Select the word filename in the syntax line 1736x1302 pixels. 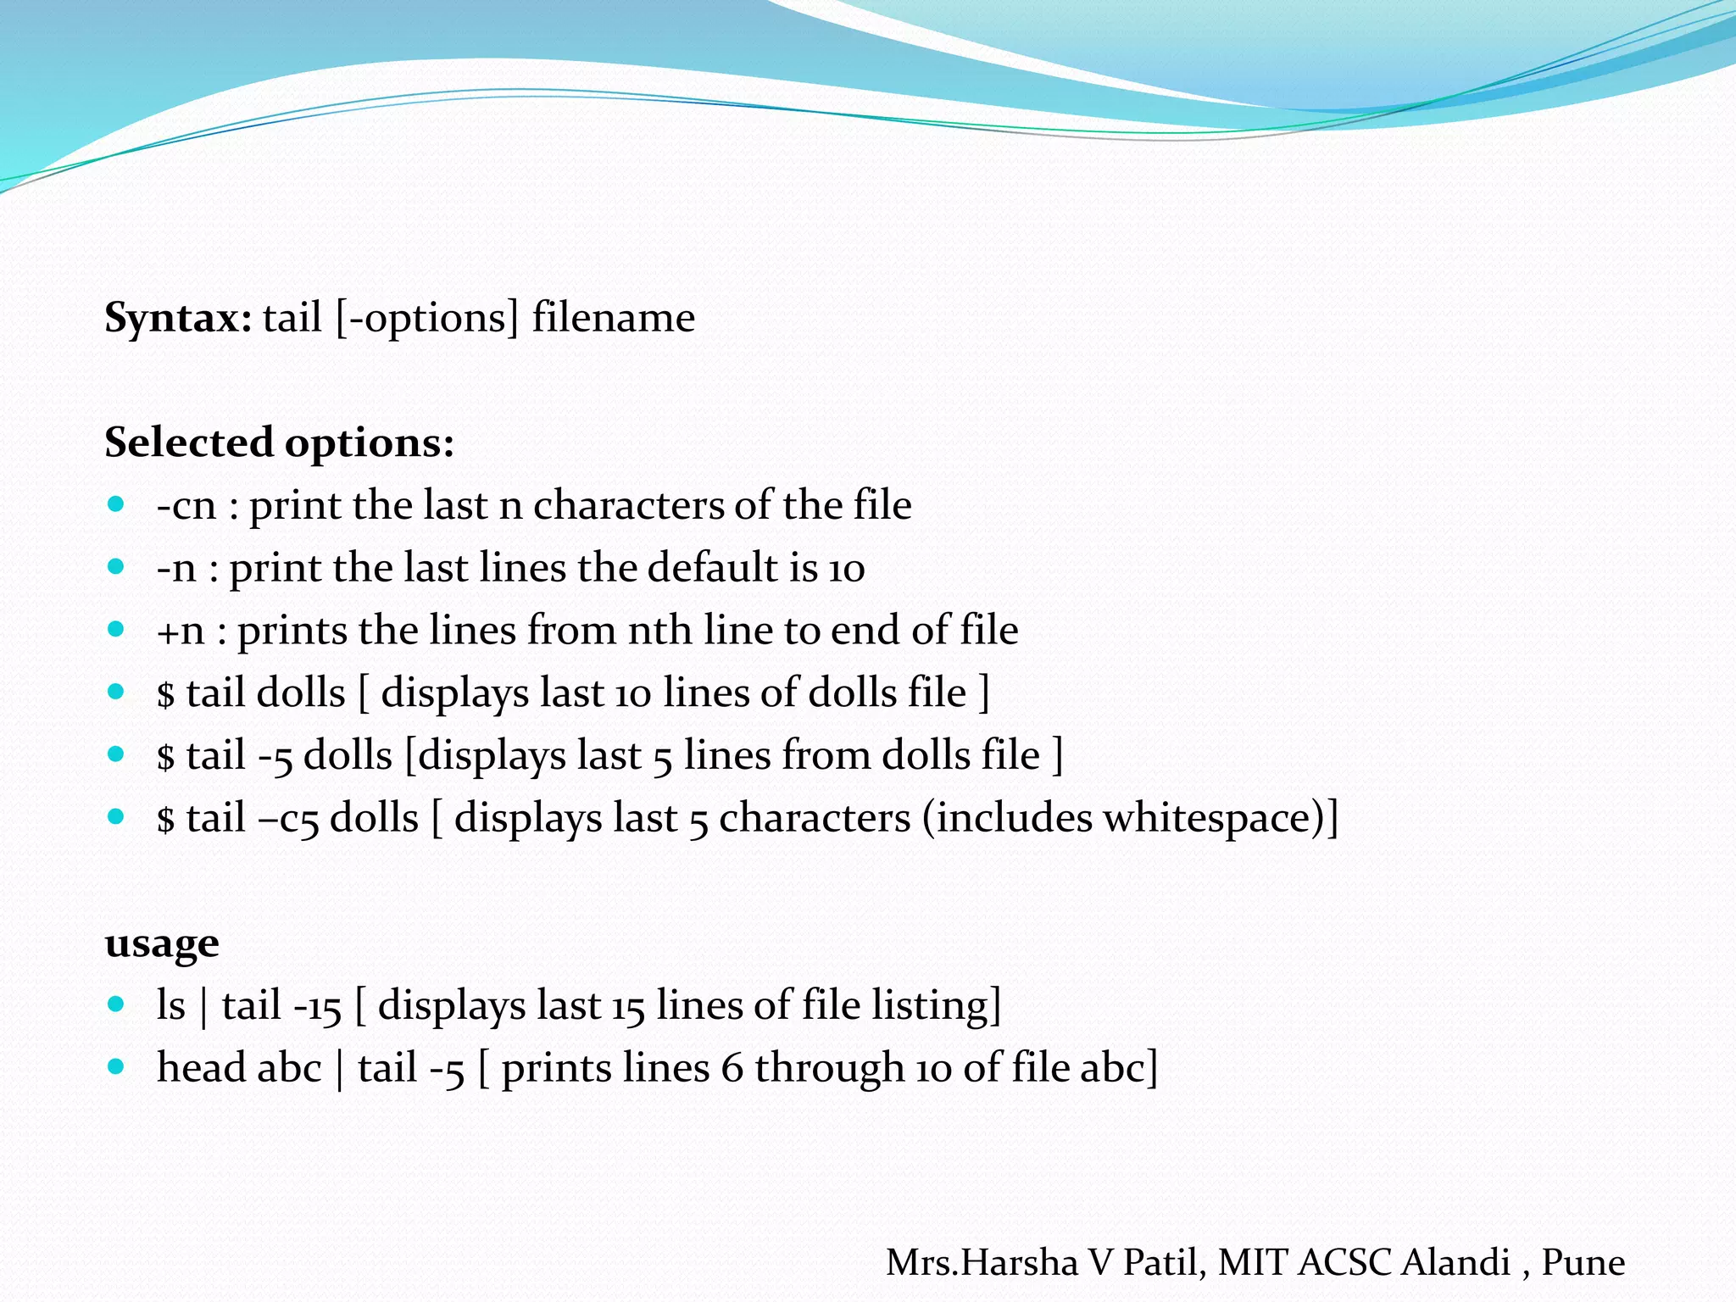[613, 319]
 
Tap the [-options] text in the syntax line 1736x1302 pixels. [426, 319]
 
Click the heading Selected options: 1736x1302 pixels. [279, 442]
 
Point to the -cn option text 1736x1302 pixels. [186, 506]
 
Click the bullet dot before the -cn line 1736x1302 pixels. [116, 504]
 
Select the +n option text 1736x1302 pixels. [181, 632]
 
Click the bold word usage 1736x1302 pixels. [162, 943]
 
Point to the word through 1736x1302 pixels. [829, 1067]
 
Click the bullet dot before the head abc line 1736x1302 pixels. [116, 1066]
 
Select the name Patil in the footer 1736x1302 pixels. [1165, 1263]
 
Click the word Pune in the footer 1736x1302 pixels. [1583, 1263]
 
